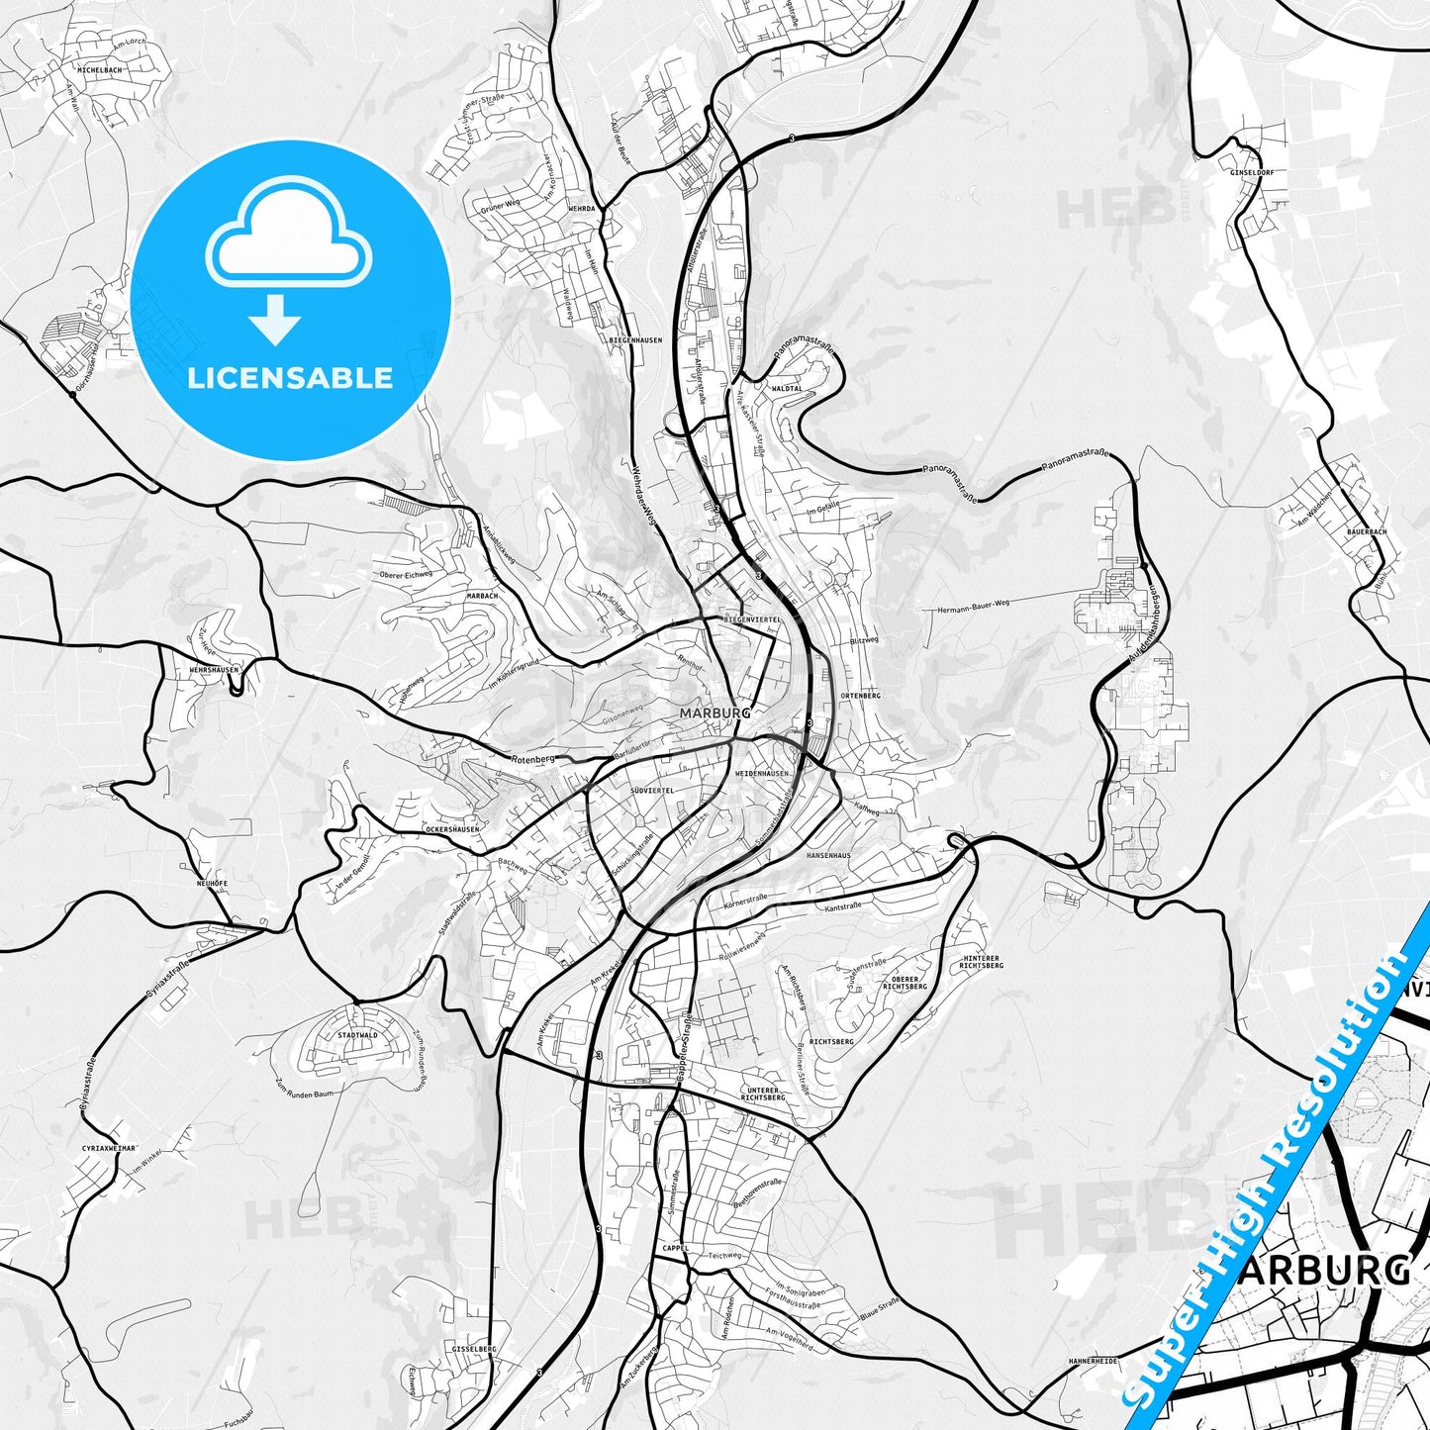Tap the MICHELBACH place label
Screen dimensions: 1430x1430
100,71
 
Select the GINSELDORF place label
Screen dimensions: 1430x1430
1252,172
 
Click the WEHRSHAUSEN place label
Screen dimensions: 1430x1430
214,670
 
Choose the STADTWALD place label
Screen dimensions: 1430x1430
357,1035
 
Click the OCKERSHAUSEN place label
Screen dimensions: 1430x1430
451,829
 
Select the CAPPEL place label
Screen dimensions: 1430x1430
676,1248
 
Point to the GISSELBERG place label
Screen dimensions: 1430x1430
473,1349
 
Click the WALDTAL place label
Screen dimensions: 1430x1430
788,389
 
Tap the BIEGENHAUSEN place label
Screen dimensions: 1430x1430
635,339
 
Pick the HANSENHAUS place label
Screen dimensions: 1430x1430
828,854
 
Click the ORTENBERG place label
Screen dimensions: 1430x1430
859,696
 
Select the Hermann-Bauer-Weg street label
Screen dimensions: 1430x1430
973,606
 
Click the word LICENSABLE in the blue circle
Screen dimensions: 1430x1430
290,378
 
